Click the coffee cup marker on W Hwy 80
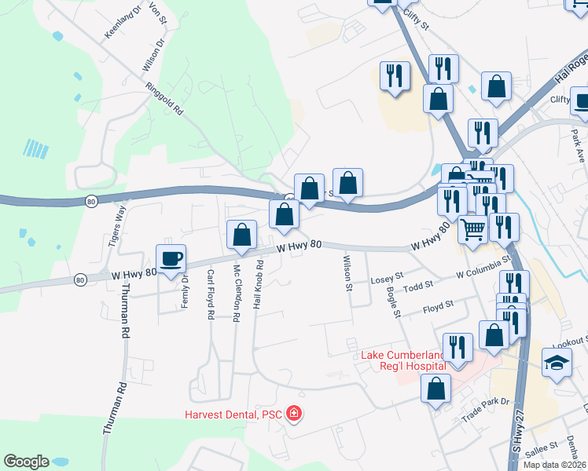[171, 258]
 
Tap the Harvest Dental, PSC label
[233, 414]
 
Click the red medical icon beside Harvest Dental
[294, 413]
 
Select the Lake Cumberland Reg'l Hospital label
[403, 360]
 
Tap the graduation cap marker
[557, 362]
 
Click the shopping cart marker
[472, 229]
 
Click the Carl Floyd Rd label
[210, 294]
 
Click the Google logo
[26, 462]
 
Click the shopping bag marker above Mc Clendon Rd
[241, 234]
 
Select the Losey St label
[387, 276]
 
